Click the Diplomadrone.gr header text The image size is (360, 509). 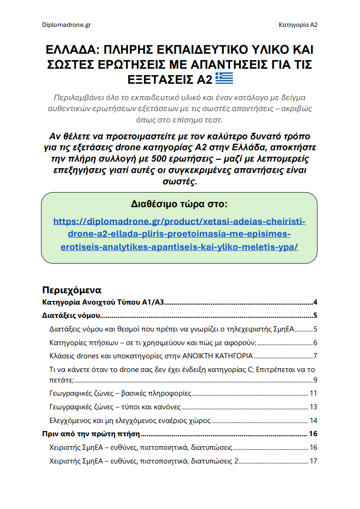[66, 25]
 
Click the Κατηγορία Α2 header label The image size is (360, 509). [298, 25]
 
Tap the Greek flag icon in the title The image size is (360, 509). [224, 79]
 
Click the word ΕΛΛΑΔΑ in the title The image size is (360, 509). [72, 50]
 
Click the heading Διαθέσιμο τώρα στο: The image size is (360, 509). [179, 204]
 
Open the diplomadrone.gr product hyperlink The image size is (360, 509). [180, 234]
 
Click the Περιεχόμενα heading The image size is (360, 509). [72, 290]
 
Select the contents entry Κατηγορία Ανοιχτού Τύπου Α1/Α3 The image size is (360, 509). [103, 302]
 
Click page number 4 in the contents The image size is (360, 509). [315, 302]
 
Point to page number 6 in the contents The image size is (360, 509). [315, 342]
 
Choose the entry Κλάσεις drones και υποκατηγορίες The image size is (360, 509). [151, 356]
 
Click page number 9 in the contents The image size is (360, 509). [315, 380]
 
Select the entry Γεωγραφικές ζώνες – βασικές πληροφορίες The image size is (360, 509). [120, 393]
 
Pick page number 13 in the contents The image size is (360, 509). [313, 407]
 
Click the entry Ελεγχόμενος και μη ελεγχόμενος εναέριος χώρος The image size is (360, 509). [129, 420]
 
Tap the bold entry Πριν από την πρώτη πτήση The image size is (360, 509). [91, 433]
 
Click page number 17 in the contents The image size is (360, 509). [313, 461]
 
